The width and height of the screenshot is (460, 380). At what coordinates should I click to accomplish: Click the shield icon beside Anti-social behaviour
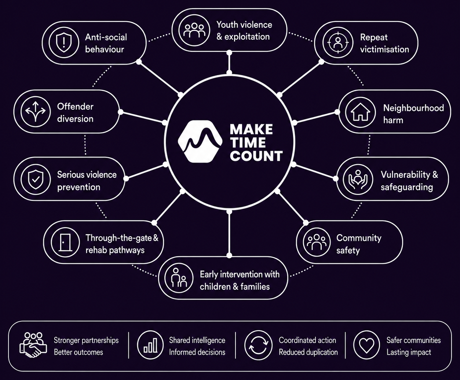[64, 43]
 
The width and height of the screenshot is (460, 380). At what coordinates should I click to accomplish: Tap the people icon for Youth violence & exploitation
[194, 30]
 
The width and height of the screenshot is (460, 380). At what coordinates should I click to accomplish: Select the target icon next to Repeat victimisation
[338, 43]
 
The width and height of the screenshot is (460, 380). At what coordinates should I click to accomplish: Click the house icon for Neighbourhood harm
[361, 112]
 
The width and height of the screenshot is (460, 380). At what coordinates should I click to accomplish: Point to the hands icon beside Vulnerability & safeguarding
[358, 180]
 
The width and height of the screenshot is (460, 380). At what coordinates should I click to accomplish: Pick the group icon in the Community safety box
[317, 242]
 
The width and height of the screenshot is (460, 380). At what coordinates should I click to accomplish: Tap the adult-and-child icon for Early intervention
[179, 278]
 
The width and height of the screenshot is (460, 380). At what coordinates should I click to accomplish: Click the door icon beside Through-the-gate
[65, 242]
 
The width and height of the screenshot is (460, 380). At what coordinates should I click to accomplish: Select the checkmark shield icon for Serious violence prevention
[36, 180]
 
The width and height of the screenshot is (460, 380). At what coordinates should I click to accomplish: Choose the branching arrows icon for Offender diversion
[36, 112]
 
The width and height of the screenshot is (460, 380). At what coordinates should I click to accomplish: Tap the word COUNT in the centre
[256, 156]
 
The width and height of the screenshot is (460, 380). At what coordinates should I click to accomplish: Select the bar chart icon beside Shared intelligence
[150, 345]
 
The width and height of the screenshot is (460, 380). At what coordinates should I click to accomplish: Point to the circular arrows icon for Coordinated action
[258, 345]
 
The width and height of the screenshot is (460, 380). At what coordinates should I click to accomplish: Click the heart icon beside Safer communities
[366, 345]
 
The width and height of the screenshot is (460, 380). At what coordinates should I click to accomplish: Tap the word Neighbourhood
[413, 108]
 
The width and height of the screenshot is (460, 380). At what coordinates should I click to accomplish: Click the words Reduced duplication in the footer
[308, 352]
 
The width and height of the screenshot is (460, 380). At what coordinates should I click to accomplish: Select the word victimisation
[384, 50]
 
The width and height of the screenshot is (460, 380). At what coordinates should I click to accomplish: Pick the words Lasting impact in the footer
[409, 352]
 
